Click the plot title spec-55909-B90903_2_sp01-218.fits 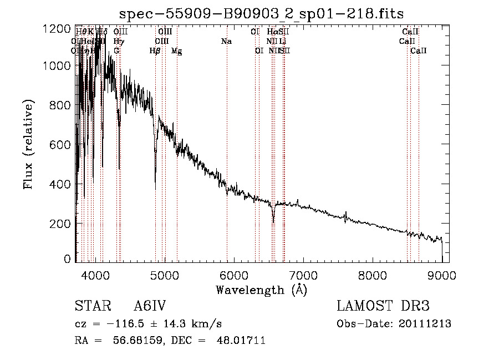click(x=262, y=13)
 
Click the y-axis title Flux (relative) click(x=28, y=144)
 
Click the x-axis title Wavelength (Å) click(x=262, y=290)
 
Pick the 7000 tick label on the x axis click(x=303, y=274)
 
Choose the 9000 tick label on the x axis click(x=442, y=274)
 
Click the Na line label click(x=226, y=42)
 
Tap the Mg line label click(x=177, y=51)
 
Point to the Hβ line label click(x=155, y=51)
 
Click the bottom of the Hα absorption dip click(x=273, y=222)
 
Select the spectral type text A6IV click(x=150, y=307)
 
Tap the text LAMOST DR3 click(x=383, y=307)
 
